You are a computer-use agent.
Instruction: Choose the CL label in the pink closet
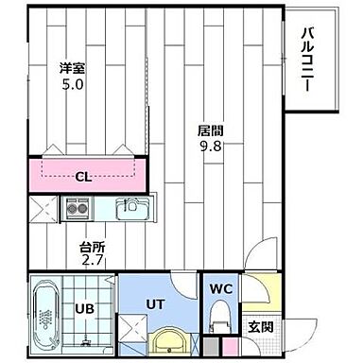point(83,176)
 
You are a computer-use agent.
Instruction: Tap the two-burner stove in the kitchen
point(77,207)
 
